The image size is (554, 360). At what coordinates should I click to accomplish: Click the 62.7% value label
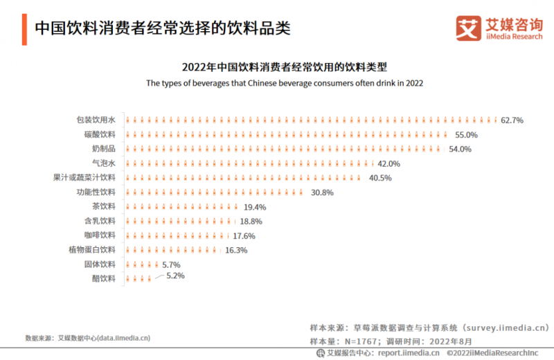click(x=512, y=120)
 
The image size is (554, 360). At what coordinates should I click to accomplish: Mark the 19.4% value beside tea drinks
click(x=255, y=207)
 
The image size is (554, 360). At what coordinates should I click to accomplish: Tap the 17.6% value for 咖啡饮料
click(x=244, y=235)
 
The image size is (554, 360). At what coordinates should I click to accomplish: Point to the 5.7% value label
click(x=171, y=264)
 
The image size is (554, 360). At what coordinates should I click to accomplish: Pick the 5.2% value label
click(x=175, y=276)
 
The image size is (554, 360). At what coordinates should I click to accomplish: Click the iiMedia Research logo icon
click(x=467, y=28)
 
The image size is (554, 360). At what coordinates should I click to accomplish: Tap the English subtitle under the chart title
click(x=284, y=82)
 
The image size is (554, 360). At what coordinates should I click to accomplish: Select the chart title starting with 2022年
click(x=284, y=67)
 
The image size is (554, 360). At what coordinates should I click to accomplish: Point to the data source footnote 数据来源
click(x=87, y=339)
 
